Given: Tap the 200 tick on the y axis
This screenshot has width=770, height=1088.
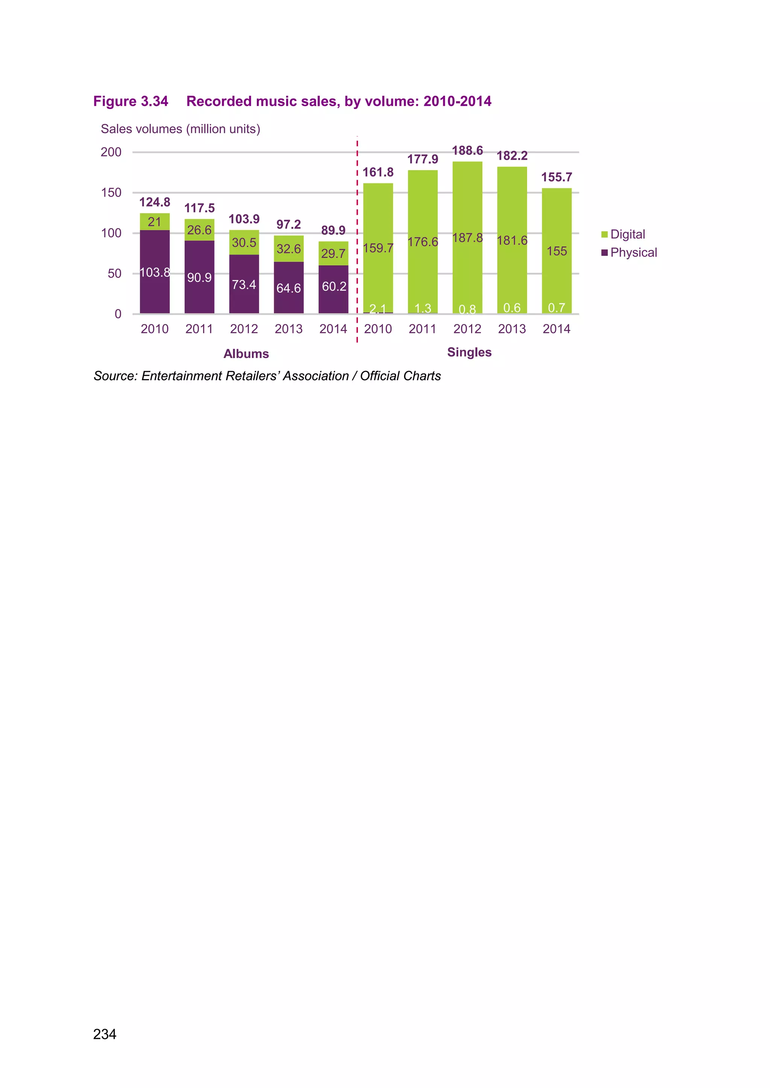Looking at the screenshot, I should click(111, 152).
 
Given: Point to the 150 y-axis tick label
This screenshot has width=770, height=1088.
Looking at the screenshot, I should click(111, 192).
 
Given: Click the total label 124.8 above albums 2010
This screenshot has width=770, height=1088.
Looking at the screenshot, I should click(155, 202).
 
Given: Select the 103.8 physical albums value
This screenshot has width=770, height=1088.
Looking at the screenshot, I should click(155, 272).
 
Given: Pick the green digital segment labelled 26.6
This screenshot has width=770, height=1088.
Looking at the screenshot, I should click(199, 230).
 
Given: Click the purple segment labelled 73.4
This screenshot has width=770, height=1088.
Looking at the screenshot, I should click(244, 284).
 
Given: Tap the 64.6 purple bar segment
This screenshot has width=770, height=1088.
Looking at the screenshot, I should click(288, 288).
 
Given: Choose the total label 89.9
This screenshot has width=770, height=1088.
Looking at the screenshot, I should click(333, 230).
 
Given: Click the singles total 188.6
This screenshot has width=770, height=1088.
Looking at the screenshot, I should click(467, 151).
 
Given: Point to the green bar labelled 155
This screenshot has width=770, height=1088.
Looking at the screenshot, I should click(557, 251).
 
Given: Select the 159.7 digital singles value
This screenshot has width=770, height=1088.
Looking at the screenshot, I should click(378, 248).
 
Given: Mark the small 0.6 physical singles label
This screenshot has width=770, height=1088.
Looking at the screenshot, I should click(512, 308).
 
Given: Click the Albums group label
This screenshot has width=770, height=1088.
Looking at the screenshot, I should click(246, 354).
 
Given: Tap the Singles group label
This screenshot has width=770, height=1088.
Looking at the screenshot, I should click(469, 352).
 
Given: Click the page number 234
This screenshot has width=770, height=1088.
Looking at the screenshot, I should click(105, 1034).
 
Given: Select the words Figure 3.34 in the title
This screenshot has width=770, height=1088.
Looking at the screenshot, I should click(131, 101).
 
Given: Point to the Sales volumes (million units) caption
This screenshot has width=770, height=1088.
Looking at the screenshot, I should click(180, 129).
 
